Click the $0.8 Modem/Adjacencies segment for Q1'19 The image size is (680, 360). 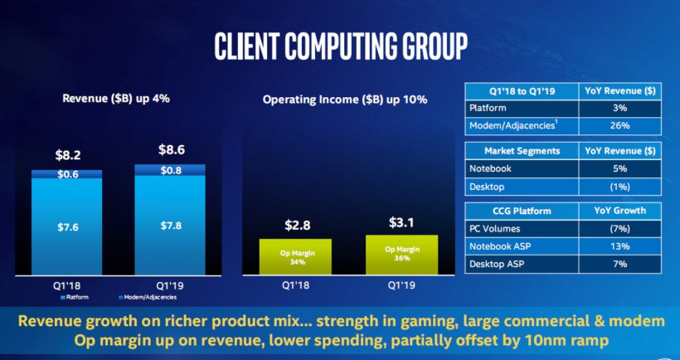click(x=170, y=170)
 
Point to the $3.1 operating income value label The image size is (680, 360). click(x=401, y=222)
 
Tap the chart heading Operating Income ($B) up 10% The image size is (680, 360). click(x=345, y=100)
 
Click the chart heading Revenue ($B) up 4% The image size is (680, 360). click(x=116, y=99)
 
